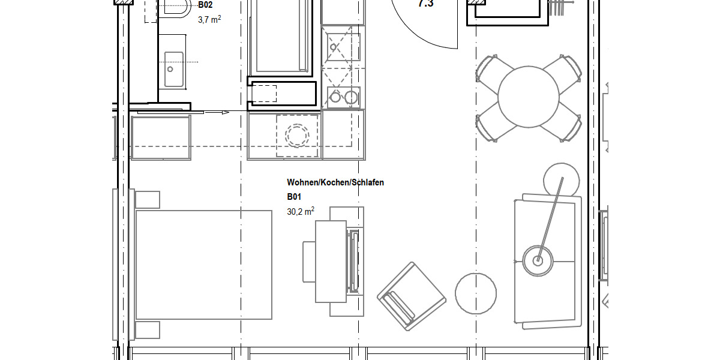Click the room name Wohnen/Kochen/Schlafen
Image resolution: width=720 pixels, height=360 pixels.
[x=335, y=182]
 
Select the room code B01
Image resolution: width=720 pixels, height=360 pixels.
[x=294, y=197]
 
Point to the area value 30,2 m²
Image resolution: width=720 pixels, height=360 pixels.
[x=301, y=211]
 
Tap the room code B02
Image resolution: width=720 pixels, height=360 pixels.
[x=205, y=5]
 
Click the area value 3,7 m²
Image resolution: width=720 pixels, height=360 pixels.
[x=209, y=19]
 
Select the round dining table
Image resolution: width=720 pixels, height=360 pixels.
[x=529, y=96]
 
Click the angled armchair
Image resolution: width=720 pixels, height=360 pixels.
[x=412, y=296]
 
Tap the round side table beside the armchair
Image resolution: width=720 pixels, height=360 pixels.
[x=476, y=293]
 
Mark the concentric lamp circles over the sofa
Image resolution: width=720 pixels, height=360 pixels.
[x=538, y=260]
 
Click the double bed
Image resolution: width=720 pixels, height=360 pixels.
[x=203, y=265]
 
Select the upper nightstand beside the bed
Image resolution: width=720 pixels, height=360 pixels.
[x=148, y=199]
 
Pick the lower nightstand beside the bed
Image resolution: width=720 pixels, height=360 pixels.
[x=148, y=331]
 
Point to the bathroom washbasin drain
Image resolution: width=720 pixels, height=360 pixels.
[x=170, y=69]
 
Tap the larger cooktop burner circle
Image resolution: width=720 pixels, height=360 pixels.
[x=350, y=97]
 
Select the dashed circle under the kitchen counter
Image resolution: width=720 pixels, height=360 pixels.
[x=296, y=136]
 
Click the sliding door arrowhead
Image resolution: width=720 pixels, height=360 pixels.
[x=226, y=112]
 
